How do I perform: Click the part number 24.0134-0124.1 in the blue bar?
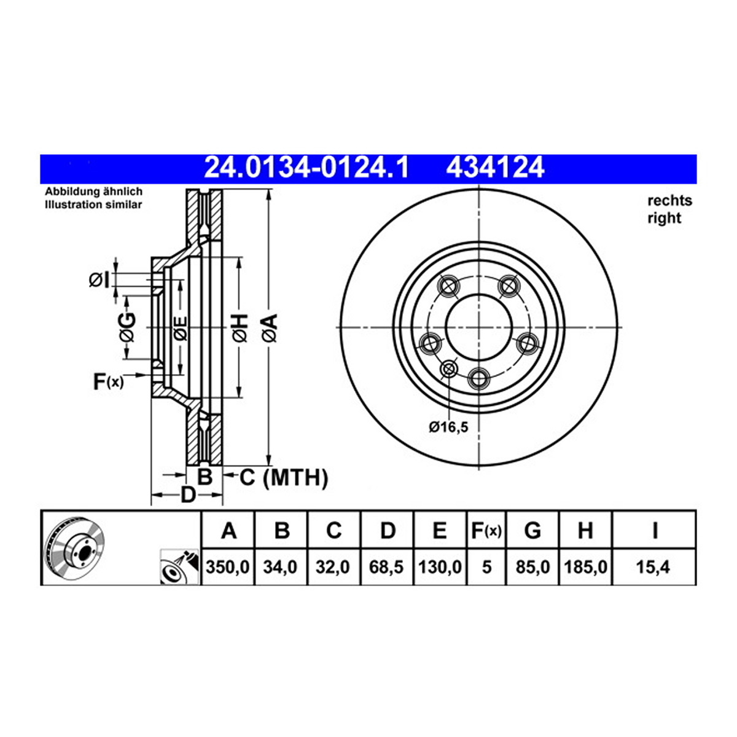[x=306, y=168]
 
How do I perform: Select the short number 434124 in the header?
[x=495, y=168]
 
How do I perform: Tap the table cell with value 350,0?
[x=227, y=567]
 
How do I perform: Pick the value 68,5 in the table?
[x=386, y=567]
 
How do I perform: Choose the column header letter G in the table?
[x=532, y=531]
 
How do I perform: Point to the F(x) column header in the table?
[x=486, y=531]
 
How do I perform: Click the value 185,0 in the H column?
[x=585, y=567]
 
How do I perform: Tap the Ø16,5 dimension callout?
[x=448, y=427]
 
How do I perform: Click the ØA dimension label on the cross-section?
[x=270, y=327]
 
